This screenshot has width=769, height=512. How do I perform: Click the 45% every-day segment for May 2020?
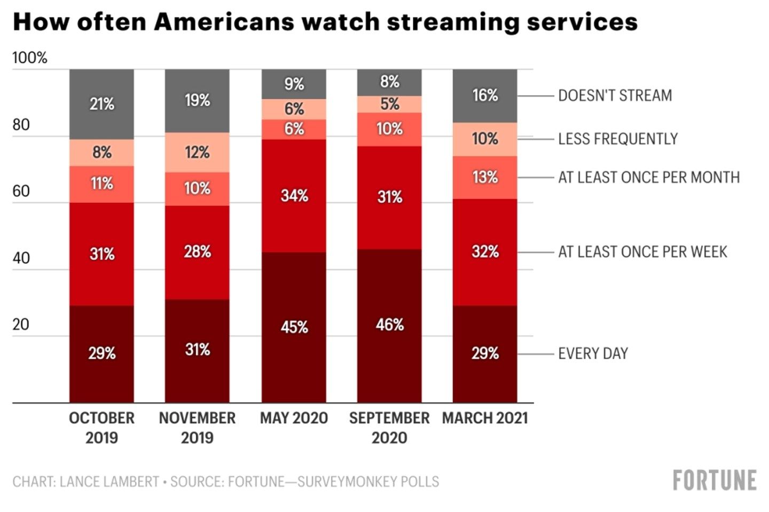pyautogui.click(x=294, y=327)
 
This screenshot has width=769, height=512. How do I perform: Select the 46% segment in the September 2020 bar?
pyautogui.click(x=389, y=325)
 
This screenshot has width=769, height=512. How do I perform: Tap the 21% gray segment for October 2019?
pyautogui.click(x=101, y=104)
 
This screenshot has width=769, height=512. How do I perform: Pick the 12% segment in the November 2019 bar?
pyautogui.click(x=197, y=152)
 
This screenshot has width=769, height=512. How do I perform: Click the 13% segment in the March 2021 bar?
pyautogui.click(x=485, y=177)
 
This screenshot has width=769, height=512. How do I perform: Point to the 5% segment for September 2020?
pyautogui.click(x=389, y=104)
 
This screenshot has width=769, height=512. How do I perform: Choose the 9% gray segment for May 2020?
pyautogui.click(x=294, y=84)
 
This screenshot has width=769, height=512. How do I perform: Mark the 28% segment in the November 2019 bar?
pyautogui.click(x=197, y=251)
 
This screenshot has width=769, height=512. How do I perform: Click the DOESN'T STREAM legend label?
pyautogui.click(x=615, y=96)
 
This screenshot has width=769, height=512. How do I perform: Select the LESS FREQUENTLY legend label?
pyautogui.click(x=617, y=139)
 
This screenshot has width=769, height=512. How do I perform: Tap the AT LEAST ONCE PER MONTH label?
pyautogui.click(x=649, y=177)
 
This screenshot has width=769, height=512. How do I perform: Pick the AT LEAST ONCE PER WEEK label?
pyautogui.click(x=642, y=251)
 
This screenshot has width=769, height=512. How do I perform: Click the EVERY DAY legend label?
pyautogui.click(x=593, y=353)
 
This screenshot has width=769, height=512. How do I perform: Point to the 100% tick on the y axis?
pyautogui.click(x=30, y=58)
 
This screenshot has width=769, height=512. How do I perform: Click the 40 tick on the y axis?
pyautogui.click(x=21, y=258)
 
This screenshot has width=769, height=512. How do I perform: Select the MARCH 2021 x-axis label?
pyautogui.click(x=485, y=418)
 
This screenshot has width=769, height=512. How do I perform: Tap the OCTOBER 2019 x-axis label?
pyautogui.click(x=101, y=428)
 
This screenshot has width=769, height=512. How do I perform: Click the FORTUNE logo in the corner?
pyautogui.click(x=715, y=481)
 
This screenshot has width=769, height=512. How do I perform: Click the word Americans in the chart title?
pyautogui.click(x=224, y=22)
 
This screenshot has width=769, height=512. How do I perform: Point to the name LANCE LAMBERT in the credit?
pyautogui.click(x=109, y=482)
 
